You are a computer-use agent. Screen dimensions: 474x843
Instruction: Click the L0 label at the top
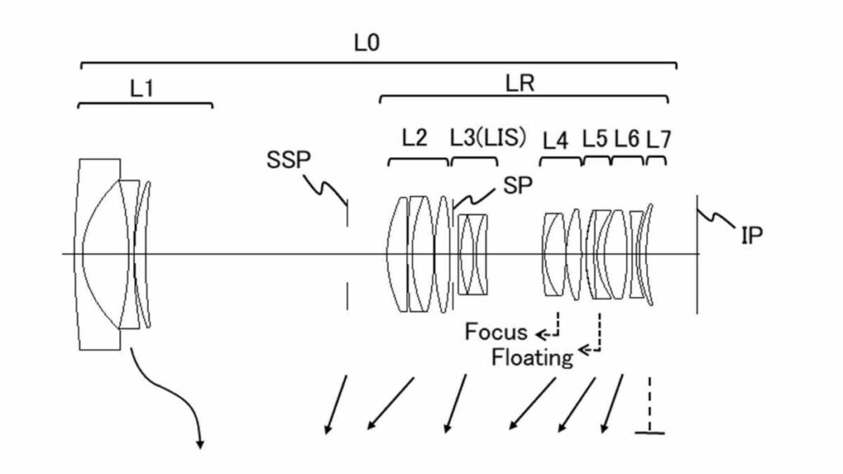(366, 42)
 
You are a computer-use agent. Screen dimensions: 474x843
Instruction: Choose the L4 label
(556, 140)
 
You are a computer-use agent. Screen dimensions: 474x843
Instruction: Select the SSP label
(287, 159)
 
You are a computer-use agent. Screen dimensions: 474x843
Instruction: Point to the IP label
(752, 236)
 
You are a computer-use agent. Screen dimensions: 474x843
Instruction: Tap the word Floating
(532, 357)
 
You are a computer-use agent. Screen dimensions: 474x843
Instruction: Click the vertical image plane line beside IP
(697, 255)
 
